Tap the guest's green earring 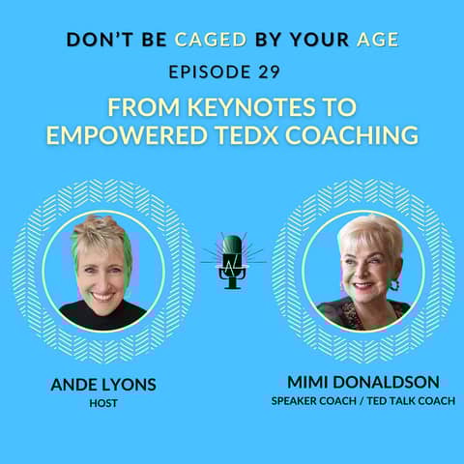pos(393,284)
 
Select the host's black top pos(101,315)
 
